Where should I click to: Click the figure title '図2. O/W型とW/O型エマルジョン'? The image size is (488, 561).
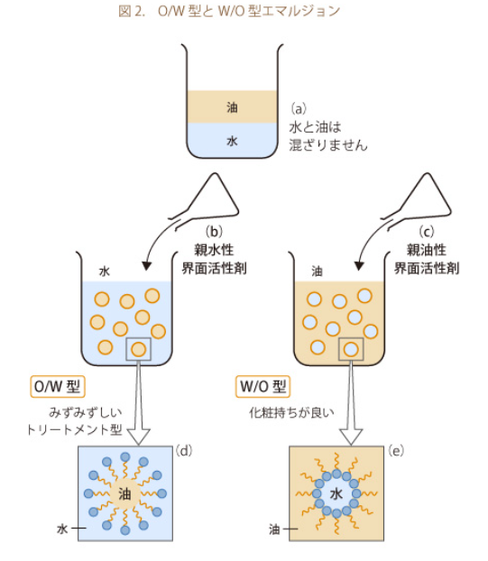[x=229, y=12]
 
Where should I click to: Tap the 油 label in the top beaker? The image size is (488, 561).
[x=232, y=107]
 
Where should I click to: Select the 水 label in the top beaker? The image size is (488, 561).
[x=232, y=141]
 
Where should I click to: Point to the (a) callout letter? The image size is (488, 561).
[x=298, y=108]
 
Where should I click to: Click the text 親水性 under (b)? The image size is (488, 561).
[x=214, y=249]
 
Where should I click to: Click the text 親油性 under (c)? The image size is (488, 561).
[x=426, y=249]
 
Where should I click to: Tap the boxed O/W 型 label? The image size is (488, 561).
[x=58, y=386]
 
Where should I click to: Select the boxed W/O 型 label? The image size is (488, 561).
[x=263, y=386]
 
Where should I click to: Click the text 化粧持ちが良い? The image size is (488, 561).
[x=291, y=412]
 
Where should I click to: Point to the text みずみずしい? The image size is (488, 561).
[x=85, y=412]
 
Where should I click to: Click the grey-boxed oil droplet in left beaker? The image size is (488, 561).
[x=138, y=349]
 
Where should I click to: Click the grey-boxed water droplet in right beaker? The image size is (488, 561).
[x=351, y=349]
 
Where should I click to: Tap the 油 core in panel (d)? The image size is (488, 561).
[x=124, y=494]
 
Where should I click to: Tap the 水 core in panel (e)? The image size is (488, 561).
[x=336, y=494]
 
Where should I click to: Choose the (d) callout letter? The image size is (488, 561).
[x=183, y=451]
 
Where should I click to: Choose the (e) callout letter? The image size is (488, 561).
[x=396, y=451]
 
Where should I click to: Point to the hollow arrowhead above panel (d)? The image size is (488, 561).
[x=138, y=436]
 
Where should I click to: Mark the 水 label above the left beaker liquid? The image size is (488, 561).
[x=105, y=271]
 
